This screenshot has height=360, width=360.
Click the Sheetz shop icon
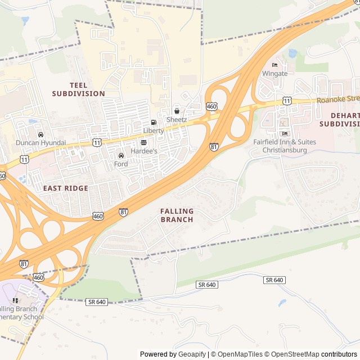(177, 111)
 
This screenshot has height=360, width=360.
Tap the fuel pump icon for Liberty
(154, 122)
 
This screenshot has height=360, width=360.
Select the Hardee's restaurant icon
(143, 143)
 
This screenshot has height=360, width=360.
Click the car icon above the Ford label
(121, 156)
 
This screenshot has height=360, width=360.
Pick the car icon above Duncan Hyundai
(40, 134)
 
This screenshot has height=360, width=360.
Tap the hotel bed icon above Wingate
(274, 65)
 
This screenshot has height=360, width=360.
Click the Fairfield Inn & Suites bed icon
(284, 133)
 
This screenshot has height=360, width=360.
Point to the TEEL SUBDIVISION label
(79, 89)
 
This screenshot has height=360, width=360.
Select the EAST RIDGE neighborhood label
(65, 188)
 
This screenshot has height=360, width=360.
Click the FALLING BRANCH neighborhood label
(177, 215)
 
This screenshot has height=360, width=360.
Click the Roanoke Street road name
(337, 99)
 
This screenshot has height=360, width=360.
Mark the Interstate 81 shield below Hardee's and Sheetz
(214, 147)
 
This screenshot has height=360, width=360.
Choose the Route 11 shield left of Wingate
(287, 100)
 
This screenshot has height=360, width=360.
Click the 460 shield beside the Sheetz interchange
(211, 106)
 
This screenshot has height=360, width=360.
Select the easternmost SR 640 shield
(274, 280)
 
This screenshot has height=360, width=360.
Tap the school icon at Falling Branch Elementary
(15, 301)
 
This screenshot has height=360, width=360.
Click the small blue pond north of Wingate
(292, 53)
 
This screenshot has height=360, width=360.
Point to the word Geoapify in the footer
(193, 354)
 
